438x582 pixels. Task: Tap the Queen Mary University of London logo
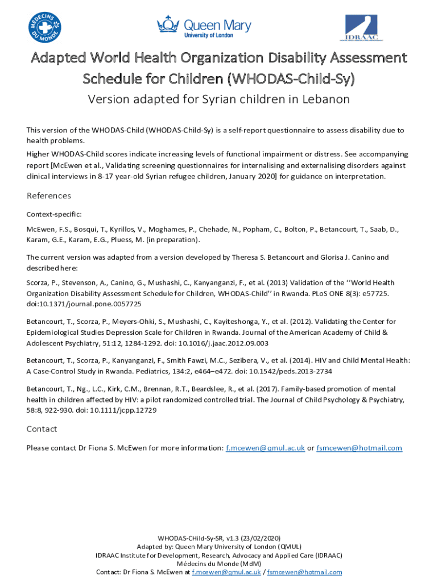coord(204,26)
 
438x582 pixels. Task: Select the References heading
coord(49,196)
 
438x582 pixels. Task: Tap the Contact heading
coord(42,429)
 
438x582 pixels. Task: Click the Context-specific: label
coord(54,214)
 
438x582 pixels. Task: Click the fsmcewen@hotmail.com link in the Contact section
coord(359,448)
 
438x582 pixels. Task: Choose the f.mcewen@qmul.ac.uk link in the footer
coord(226,572)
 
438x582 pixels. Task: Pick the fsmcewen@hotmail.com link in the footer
coord(304,572)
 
